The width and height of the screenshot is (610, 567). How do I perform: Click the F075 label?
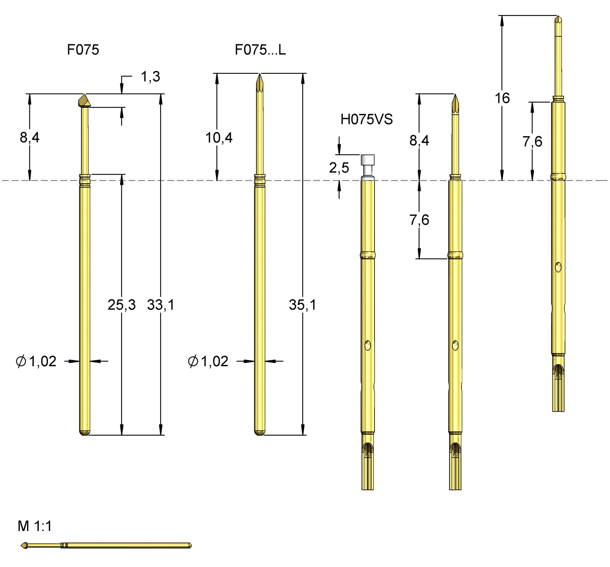[x=83, y=50]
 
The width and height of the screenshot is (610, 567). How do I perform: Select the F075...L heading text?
[x=260, y=50]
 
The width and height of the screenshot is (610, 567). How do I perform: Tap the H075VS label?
[x=366, y=120]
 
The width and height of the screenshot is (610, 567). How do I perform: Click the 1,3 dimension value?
[x=150, y=77]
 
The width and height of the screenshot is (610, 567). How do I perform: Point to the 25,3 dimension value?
[x=121, y=305]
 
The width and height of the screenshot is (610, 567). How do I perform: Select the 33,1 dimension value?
[x=161, y=305]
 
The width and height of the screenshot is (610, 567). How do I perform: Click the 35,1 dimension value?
[x=302, y=305]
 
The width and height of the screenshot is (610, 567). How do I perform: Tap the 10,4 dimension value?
[x=219, y=138]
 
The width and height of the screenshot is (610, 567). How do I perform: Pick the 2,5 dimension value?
[x=339, y=168]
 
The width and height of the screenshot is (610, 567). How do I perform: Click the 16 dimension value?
[x=502, y=98]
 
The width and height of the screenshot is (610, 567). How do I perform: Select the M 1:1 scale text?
[x=35, y=526]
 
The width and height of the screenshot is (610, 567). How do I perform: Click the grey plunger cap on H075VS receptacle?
[x=368, y=160]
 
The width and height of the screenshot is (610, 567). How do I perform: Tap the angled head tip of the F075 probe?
[x=84, y=101]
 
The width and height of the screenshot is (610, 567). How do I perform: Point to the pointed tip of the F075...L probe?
[x=260, y=78]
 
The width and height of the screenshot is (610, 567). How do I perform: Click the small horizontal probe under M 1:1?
[x=106, y=545]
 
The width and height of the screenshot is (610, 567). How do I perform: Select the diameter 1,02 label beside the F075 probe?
[x=36, y=361]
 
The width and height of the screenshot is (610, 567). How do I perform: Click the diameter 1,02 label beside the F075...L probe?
[x=208, y=361]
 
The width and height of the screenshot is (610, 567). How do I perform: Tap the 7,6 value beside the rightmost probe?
[x=532, y=142]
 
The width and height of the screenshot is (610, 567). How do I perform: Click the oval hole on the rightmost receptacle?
[x=558, y=267]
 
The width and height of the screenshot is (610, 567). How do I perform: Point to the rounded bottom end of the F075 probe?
[x=85, y=433]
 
